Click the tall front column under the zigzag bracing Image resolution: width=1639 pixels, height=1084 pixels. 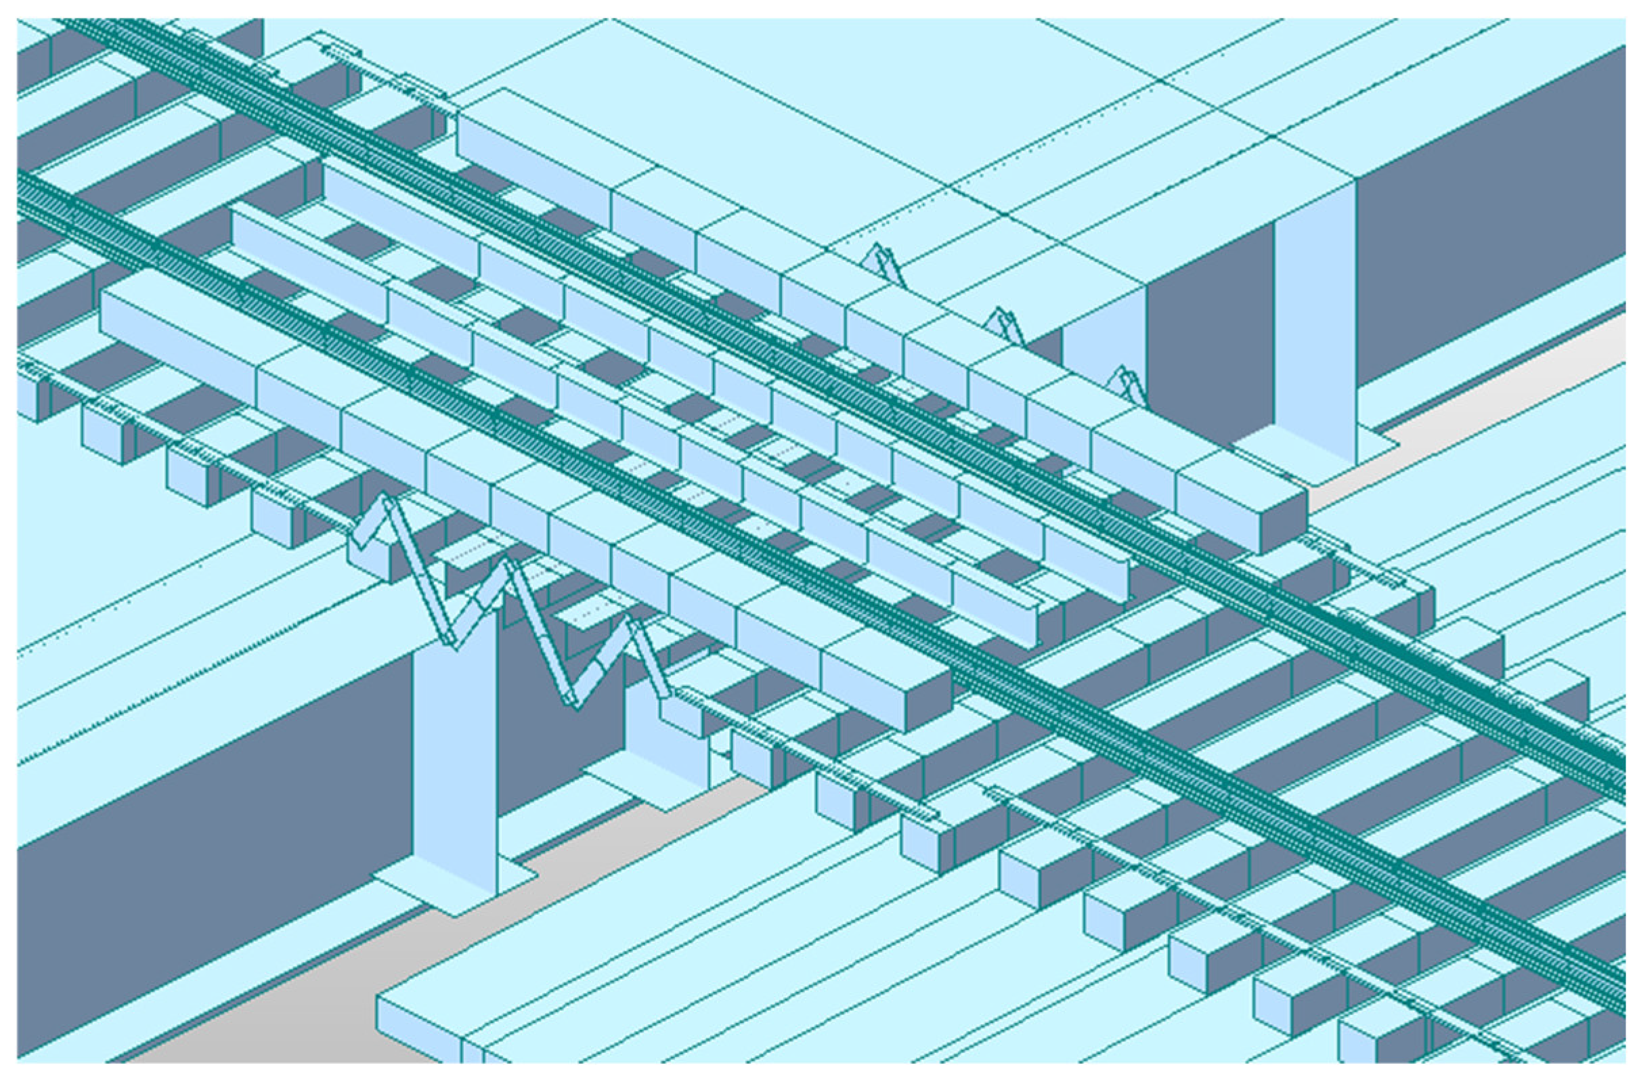coord(453,760)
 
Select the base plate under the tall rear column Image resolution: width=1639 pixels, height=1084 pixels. coord(1313,453)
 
